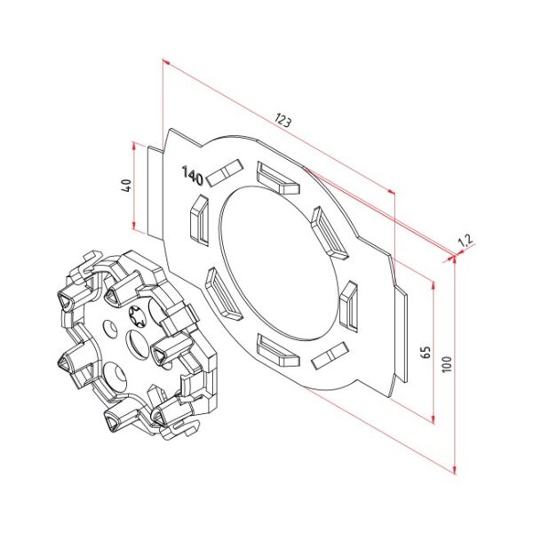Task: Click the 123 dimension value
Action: (283, 120)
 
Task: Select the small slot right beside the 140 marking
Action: (227, 172)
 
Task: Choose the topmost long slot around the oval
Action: (276, 177)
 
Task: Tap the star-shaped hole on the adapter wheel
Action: (141, 314)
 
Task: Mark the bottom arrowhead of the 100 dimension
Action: (454, 467)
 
